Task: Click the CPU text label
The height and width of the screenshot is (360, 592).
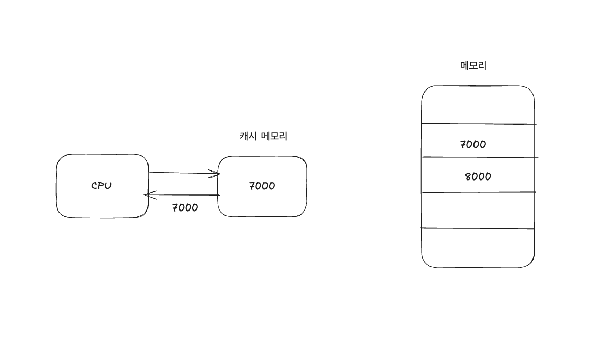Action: tap(101, 185)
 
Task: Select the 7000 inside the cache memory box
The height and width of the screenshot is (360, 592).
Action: tap(262, 186)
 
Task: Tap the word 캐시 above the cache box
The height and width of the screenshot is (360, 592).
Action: tap(248, 136)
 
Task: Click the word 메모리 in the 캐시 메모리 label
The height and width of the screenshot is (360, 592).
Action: tap(275, 136)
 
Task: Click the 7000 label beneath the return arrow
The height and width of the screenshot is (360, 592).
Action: tap(185, 207)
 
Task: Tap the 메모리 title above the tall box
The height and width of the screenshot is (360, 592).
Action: tap(473, 65)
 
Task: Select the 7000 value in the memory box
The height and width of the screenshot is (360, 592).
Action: tap(473, 144)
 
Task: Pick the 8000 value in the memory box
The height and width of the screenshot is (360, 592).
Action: tap(478, 176)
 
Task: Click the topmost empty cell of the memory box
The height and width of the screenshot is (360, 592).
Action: tap(478, 105)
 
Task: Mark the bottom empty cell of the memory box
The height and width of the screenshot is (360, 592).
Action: tap(478, 248)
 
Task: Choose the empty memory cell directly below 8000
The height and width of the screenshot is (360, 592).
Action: tap(478, 211)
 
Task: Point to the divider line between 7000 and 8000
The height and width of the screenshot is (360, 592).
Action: tap(478, 157)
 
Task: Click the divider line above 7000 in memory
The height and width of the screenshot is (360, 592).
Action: tap(478, 124)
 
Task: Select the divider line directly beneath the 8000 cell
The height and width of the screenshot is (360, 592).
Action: tap(478, 192)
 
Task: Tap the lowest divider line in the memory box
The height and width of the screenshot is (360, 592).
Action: tap(478, 229)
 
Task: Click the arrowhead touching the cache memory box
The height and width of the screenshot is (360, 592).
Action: tap(216, 174)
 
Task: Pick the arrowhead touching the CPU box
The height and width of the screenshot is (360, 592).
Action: tap(148, 195)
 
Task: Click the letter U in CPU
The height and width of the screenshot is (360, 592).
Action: tap(108, 185)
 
